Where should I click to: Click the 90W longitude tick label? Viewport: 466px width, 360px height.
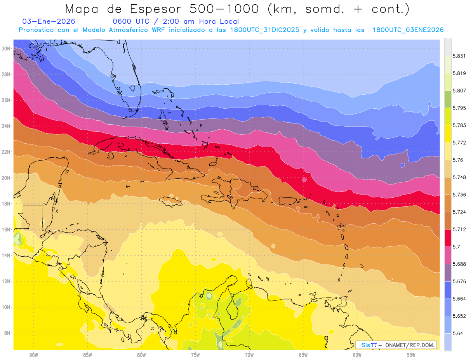tap(33, 355)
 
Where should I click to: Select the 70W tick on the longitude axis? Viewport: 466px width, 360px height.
tap(249, 355)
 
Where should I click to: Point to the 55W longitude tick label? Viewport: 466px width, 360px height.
tap(411, 355)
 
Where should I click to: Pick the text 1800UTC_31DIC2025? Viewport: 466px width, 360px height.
tap(264, 30)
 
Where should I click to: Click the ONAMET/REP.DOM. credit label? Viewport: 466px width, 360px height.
tap(410, 345)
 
